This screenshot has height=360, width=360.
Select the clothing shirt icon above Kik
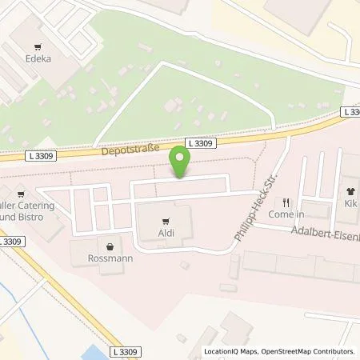coord(350,192)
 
